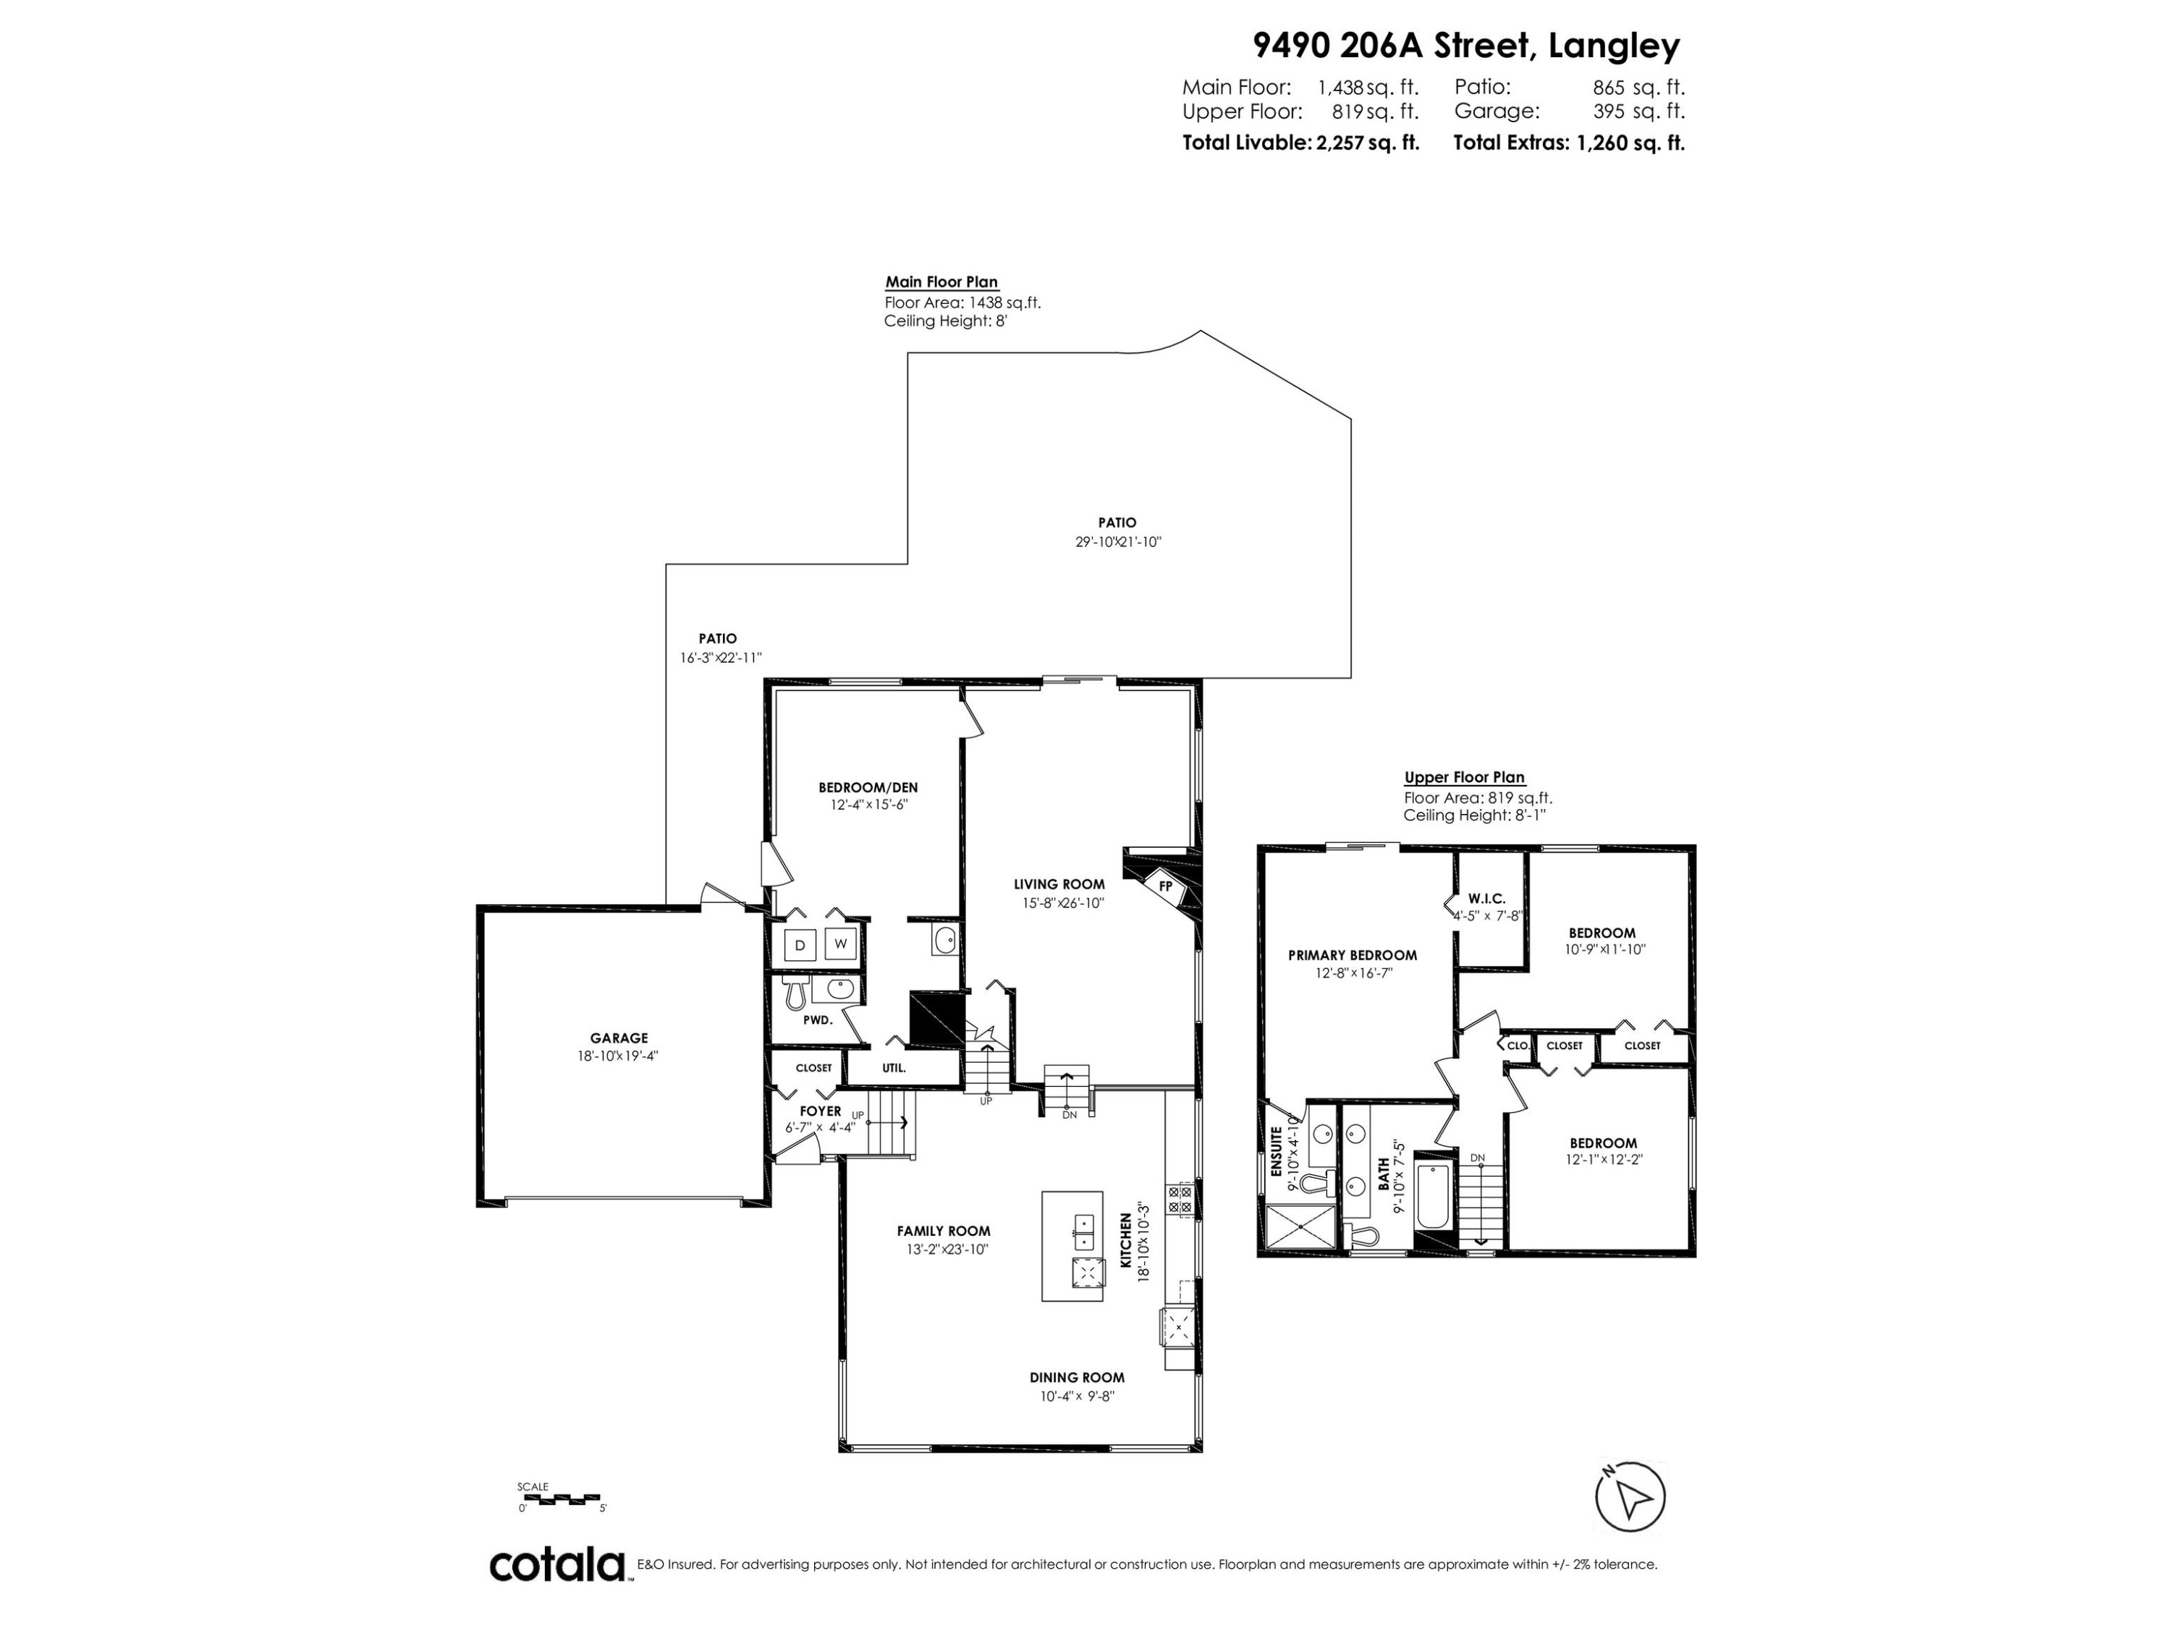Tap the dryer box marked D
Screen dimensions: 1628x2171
tap(800, 945)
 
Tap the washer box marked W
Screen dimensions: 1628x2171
tap(841, 944)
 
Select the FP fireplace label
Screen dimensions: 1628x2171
tap(1166, 886)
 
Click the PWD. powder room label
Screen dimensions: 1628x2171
tap(818, 1019)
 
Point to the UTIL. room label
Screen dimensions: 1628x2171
tap(893, 1068)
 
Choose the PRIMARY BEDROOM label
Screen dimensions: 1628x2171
tap(1352, 955)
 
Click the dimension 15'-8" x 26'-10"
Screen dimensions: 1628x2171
tap(1058, 903)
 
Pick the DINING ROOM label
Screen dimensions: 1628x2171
tap(1077, 1378)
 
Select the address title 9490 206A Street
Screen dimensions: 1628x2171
tap(1465, 45)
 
